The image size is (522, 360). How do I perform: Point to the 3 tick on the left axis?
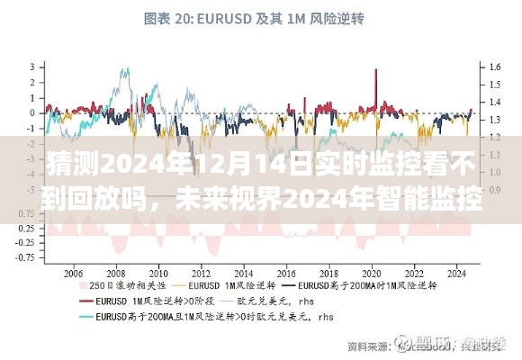point(32,67)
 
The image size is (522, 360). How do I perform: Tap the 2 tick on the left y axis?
point(32,82)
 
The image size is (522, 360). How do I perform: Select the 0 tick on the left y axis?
point(32,113)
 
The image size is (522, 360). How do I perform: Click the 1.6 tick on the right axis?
point(494,67)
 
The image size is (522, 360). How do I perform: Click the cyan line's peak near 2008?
point(117,70)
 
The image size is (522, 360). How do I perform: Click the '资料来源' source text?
point(361,345)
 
